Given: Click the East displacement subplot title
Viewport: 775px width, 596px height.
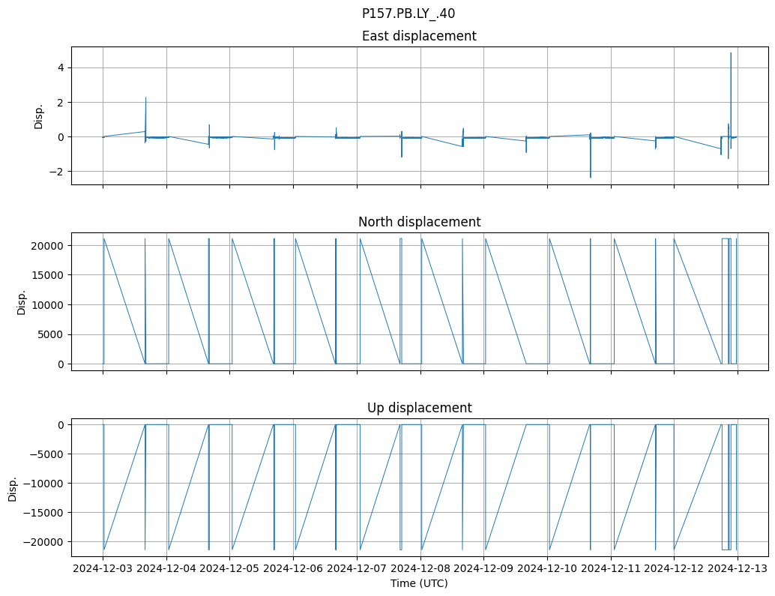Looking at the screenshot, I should point(419,36).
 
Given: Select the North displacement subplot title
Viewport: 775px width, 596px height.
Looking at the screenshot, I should point(419,222).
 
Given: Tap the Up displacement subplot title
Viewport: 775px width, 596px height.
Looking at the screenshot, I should point(419,408).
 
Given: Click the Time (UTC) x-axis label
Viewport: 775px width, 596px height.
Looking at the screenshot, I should point(419,583).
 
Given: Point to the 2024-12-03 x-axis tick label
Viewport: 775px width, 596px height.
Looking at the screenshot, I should point(103,568).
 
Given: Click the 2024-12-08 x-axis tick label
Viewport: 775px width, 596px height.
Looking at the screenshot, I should point(420,568).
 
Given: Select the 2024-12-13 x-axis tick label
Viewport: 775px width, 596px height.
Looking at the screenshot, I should point(738,568).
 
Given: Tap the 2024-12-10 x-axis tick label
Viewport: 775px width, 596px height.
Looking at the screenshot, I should point(547,568).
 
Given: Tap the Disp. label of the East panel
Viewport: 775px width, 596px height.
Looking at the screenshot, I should point(39,116).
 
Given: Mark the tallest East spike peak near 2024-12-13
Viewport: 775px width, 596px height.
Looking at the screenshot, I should point(731,53).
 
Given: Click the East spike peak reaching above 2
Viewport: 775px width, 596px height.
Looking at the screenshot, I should point(145,98).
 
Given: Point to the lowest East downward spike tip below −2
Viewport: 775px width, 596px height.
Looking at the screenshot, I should point(591,177).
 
